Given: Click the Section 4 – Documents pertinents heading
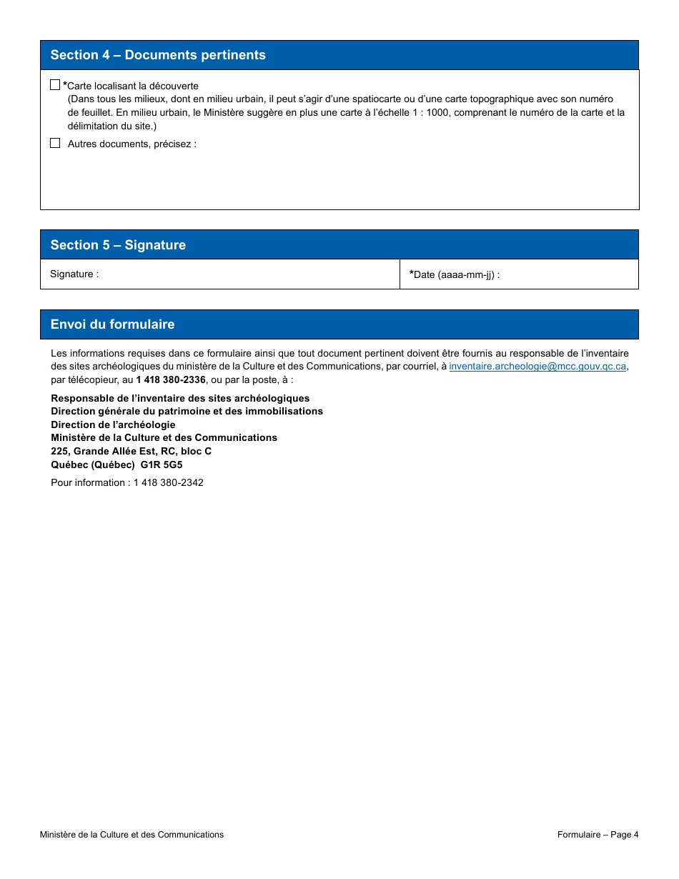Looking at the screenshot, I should (158, 55).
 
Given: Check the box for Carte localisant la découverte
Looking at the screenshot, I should (55, 85).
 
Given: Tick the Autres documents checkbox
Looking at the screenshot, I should (55, 143).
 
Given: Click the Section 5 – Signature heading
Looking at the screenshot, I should (118, 245).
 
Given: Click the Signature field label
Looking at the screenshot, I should (74, 274).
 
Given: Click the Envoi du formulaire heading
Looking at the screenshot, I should (112, 324).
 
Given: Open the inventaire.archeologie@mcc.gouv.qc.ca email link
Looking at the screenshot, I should (537, 367).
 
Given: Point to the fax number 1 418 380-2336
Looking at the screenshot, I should (171, 380).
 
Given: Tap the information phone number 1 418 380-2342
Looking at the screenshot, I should (169, 483).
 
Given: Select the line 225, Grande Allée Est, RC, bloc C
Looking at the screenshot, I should (131, 451).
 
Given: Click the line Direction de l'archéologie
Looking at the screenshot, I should (113, 424).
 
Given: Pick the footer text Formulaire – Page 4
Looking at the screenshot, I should (598, 835).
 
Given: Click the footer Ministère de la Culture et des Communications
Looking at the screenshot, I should (132, 835).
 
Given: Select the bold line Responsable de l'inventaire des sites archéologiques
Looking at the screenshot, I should (180, 398).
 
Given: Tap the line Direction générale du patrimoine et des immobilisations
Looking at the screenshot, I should (187, 412).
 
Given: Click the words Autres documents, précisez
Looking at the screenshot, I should (132, 144).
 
